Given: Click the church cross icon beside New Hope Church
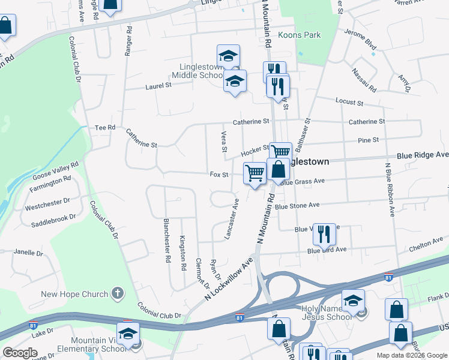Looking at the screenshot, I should click(x=118, y=293).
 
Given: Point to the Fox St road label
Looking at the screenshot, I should click(x=220, y=175).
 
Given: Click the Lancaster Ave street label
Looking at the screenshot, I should click(x=232, y=219).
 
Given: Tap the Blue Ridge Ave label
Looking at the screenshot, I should click(x=422, y=155).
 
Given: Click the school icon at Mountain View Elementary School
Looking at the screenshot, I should click(x=128, y=335).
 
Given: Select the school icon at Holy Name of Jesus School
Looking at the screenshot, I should click(x=353, y=302).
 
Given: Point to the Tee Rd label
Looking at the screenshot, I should click(x=105, y=128).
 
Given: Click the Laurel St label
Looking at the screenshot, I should click(x=158, y=86).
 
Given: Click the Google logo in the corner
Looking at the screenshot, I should click(x=20, y=353).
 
